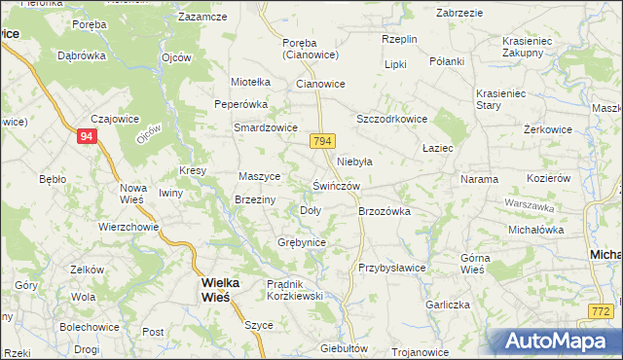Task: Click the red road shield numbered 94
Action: (87, 137)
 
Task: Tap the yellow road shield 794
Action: (324, 142)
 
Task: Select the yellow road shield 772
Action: (602, 311)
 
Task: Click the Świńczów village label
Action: (337, 186)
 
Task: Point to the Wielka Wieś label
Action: (215, 289)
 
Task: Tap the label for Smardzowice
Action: (265, 127)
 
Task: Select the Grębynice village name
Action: (301, 241)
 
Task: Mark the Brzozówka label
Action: (385, 210)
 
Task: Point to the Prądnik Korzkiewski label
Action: (301, 290)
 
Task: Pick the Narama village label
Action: (479, 179)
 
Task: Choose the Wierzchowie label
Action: (128, 226)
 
